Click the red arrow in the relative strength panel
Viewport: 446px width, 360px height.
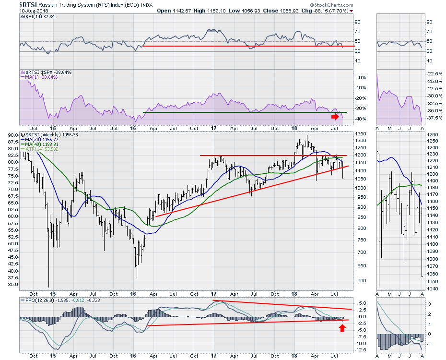(334, 116)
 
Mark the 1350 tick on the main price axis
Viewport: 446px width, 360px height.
(361, 134)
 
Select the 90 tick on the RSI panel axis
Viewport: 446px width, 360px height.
(357, 22)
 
